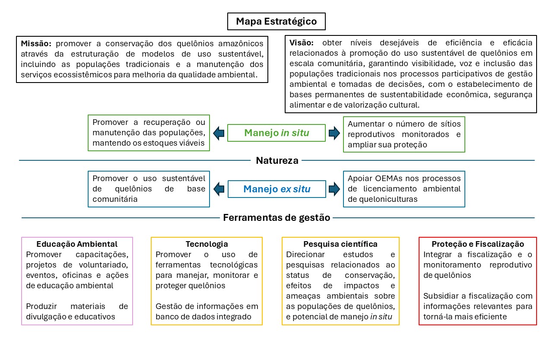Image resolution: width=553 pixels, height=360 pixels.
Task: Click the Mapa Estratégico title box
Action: click(x=276, y=21)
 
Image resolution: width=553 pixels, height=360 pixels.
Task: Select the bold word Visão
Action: click(x=301, y=43)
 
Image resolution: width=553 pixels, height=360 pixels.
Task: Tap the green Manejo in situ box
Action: click(x=276, y=133)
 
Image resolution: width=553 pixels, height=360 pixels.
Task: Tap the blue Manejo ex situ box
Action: click(x=276, y=189)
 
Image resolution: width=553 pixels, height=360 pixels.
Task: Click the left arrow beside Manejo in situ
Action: click(x=219, y=133)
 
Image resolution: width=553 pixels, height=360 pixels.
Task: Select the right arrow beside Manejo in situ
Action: click(x=334, y=133)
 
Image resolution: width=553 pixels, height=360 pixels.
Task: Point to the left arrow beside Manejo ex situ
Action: click(x=219, y=189)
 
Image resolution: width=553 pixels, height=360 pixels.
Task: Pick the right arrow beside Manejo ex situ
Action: click(x=334, y=189)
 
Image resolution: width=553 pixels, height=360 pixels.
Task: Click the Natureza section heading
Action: click(x=277, y=161)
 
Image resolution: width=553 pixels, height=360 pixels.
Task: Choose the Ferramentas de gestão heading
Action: click(x=276, y=218)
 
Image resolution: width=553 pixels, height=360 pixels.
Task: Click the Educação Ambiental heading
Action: click(x=77, y=244)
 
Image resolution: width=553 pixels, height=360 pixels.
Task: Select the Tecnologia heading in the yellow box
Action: click(x=207, y=244)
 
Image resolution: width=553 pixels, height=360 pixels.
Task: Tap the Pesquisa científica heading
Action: click(x=340, y=244)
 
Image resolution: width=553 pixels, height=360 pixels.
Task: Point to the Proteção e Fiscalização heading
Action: click(x=478, y=244)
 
